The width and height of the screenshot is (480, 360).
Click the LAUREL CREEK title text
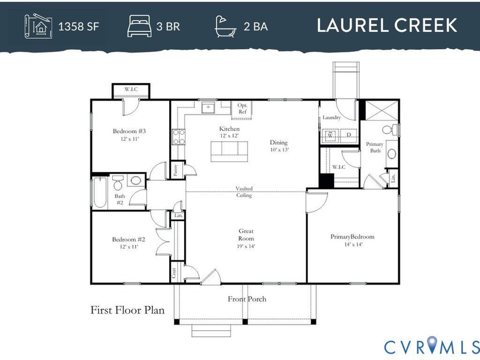[387, 26]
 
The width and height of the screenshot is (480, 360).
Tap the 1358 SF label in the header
[82, 26]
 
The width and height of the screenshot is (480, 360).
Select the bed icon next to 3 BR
[138, 26]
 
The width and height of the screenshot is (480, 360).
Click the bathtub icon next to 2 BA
[225, 26]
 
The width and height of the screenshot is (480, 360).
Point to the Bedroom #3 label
[130, 131]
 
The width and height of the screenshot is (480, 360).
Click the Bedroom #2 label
[129, 239]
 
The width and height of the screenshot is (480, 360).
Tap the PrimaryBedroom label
[352, 237]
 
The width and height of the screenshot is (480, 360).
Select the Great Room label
[246, 234]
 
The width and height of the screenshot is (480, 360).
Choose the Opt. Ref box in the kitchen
[242, 109]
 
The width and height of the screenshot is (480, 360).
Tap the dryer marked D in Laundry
[348, 136]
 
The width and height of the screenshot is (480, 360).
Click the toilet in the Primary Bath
[389, 130]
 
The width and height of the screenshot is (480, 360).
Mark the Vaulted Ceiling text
[244, 192]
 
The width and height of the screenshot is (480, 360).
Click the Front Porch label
[247, 299]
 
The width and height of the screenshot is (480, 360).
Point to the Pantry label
[176, 170]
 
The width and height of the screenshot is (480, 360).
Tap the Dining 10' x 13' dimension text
[279, 150]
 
